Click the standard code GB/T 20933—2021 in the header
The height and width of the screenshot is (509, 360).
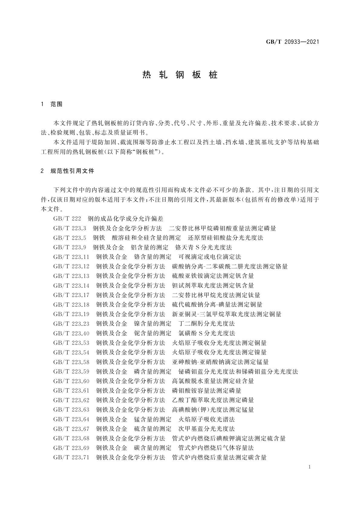point(292,42)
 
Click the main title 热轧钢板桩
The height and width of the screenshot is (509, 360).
point(180,75)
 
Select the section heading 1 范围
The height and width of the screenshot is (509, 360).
point(51,104)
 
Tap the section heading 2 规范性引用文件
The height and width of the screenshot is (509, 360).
point(67,171)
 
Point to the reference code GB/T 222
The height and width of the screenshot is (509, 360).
point(67,219)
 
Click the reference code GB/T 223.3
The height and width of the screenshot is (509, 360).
point(70,228)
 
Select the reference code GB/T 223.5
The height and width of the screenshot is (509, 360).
point(70,238)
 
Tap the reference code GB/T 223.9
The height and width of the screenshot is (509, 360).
point(70,248)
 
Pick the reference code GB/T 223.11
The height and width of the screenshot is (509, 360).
point(71,257)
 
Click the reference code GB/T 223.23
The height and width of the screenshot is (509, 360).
point(71,324)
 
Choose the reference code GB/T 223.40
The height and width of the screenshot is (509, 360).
point(71,333)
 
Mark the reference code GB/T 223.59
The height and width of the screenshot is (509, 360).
point(71,371)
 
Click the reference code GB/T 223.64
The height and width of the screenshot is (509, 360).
point(71,419)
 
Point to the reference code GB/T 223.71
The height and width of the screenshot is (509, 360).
point(71,457)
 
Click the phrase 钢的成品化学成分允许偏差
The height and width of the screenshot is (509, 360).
point(125,219)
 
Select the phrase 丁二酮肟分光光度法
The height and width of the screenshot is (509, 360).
point(206,324)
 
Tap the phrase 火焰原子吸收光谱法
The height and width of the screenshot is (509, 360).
point(206,419)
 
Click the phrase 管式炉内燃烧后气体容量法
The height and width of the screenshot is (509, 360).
point(216,448)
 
